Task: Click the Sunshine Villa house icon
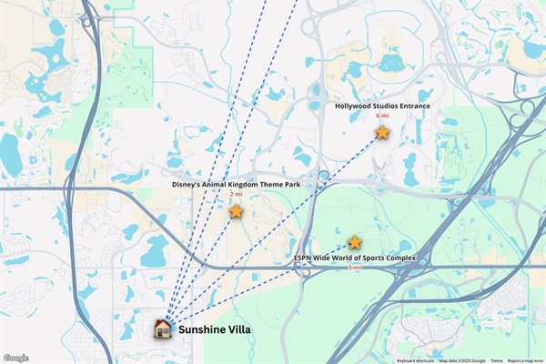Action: click(x=163, y=329)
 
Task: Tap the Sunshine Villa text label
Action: click(x=214, y=329)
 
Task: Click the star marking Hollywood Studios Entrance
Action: click(x=382, y=132)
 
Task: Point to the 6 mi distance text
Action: click(x=382, y=116)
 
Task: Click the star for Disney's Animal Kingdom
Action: click(x=236, y=211)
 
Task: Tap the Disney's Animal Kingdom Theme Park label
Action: click(x=236, y=185)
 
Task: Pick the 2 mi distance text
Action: click(x=236, y=195)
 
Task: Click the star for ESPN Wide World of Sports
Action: click(x=355, y=242)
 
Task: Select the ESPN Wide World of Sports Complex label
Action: click(x=355, y=258)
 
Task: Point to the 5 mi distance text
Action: click(x=355, y=268)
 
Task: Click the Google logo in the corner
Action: click(x=15, y=359)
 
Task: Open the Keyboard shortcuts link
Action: click(x=415, y=360)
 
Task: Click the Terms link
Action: click(x=497, y=360)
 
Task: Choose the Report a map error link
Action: click(x=526, y=360)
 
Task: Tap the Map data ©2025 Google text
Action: click(x=462, y=360)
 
